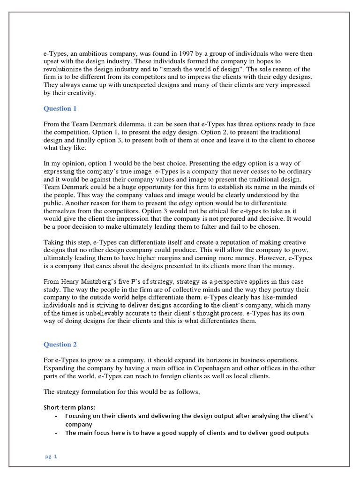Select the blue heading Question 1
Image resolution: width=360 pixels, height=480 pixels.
coord(60,109)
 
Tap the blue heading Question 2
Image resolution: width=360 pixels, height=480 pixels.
coord(60,345)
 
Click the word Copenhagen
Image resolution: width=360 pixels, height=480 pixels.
coord(190,368)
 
